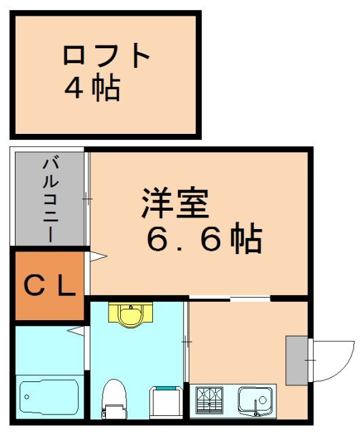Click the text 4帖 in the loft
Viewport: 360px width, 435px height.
(x=92, y=88)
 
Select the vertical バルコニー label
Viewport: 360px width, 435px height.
(x=50, y=200)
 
